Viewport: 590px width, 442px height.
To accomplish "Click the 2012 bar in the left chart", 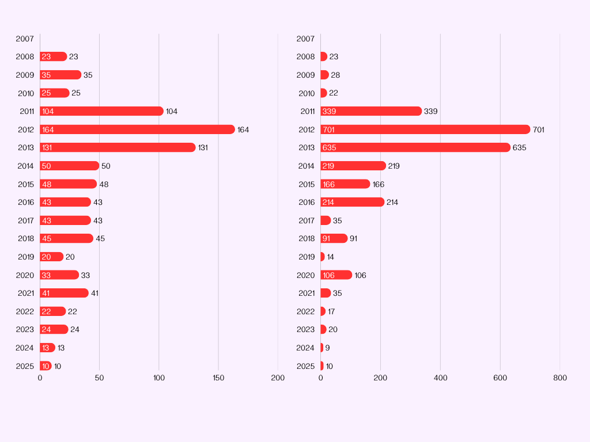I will (137, 129).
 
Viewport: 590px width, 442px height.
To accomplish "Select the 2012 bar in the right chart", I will (425, 129).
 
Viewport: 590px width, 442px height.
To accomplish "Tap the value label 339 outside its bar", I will (430, 111).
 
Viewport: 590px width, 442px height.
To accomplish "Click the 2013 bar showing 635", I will (415, 147).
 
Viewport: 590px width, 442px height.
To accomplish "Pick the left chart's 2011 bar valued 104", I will (101, 111).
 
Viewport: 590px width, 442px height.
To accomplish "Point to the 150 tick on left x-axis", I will (218, 378).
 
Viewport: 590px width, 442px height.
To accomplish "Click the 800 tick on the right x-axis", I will (559, 378).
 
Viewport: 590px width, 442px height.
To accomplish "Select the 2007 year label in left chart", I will (25, 39).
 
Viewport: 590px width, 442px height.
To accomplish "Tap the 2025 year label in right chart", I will (305, 366).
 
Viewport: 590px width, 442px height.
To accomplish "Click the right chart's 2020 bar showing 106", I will (336, 275).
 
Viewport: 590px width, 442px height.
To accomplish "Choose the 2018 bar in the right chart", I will (334, 238).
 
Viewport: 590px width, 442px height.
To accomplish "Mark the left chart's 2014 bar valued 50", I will (69, 166).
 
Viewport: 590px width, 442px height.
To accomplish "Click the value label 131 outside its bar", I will (203, 147).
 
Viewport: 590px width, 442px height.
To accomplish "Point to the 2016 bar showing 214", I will (353, 202).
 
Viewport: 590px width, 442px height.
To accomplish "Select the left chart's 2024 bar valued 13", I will (47, 348).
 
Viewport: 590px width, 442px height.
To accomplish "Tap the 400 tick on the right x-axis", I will (440, 378).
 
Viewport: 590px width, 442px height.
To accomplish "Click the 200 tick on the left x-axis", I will (278, 378).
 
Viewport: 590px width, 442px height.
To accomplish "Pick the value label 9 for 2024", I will (327, 348).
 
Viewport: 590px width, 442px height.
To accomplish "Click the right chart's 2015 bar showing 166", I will (345, 184).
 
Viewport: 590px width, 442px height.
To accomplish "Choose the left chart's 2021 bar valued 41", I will (64, 293).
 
